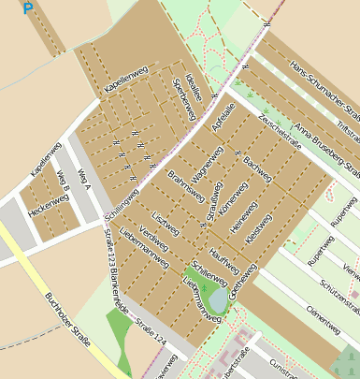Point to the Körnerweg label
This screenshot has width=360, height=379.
(228, 198)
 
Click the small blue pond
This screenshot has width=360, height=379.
(218, 300)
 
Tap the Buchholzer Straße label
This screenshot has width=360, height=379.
(67, 319)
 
